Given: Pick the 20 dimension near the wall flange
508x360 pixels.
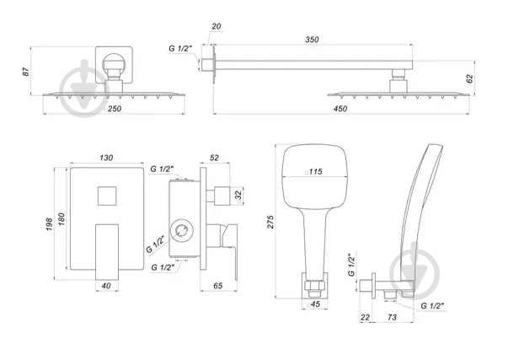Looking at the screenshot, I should click(x=217, y=26).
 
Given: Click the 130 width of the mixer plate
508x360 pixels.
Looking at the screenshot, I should click(x=107, y=158).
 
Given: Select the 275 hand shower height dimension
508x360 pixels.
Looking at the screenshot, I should click(x=269, y=220).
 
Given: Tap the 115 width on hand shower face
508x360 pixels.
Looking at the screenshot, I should click(x=315, y=172).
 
